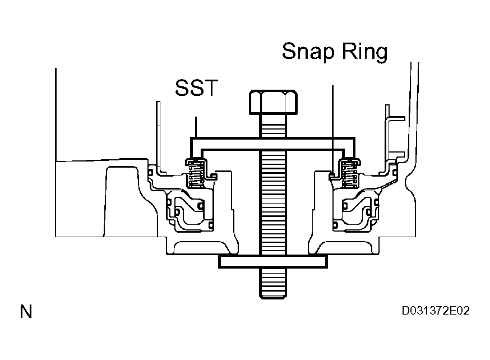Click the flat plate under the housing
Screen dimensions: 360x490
click(273, 261)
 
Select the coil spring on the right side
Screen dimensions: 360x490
click(349, 174)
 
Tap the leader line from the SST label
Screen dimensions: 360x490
click(195, 126)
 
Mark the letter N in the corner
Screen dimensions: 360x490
click(26, 312)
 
